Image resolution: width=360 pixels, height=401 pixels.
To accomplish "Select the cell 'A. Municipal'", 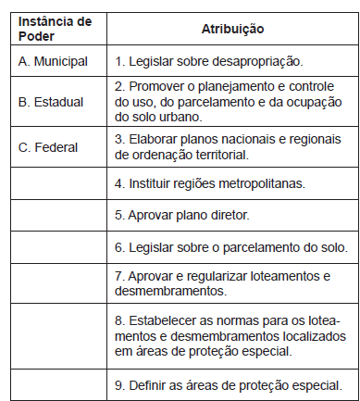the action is (x=53, y=61).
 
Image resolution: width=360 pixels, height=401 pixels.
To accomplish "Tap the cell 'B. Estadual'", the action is (x=50, y=101).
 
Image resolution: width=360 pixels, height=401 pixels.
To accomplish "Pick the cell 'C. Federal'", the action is (x=48, y=146).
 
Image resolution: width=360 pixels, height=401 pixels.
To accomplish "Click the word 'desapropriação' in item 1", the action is (x=256, y=61).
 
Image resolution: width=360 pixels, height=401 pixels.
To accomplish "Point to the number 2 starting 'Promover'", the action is (x=119, y=85).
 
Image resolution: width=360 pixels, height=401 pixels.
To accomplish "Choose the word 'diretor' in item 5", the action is (x=228, y=215).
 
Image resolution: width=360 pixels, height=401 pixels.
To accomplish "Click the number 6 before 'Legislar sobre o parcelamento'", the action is (x=119, y=246).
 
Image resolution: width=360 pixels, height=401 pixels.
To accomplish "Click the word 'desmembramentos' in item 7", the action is (x=166, y=291).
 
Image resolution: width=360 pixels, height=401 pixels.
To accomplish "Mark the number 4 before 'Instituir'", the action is (x=119, y=184).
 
